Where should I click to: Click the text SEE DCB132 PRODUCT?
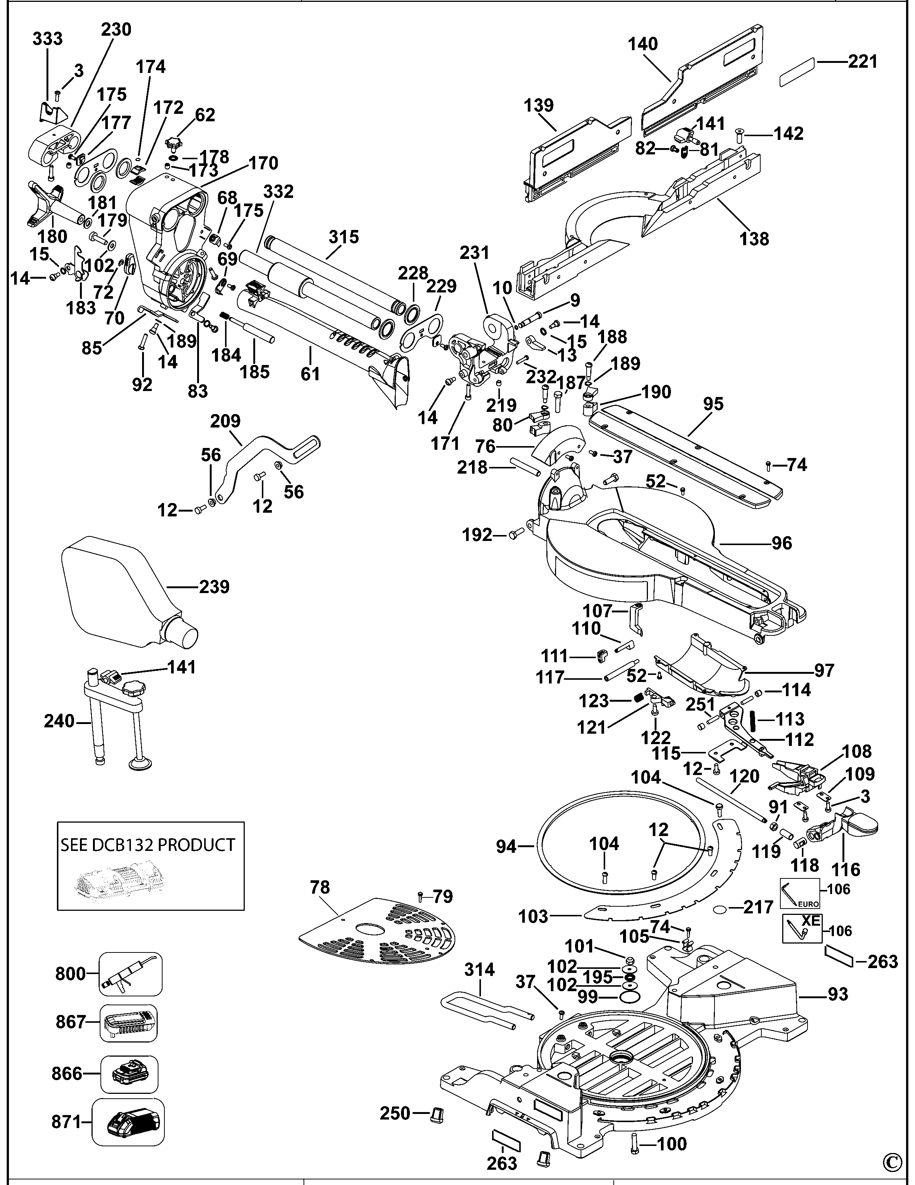pyautogui.click(x=148, y=845)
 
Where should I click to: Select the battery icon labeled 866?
pyautogui.click(x=129, y=1073)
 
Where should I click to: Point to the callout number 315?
pyautogui.click(x=344, y=237)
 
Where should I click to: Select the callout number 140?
pyautogui.click(x=643, y=44)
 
